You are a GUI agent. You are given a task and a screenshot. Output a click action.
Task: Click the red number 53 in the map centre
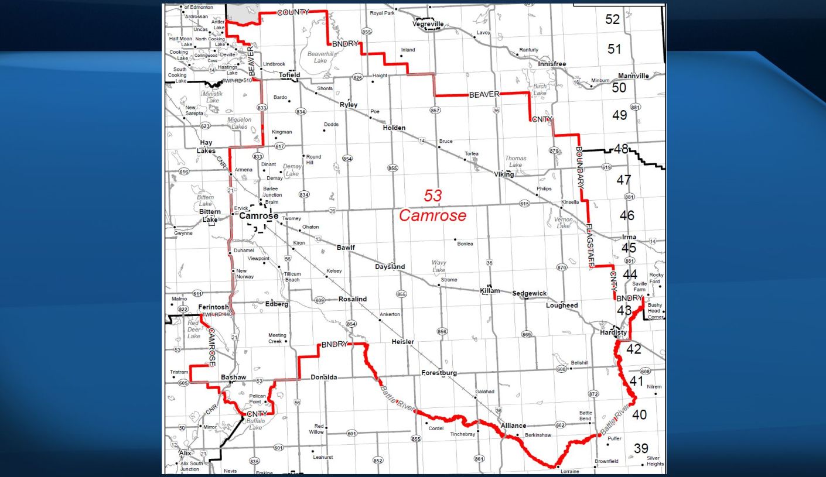tap(433, 195)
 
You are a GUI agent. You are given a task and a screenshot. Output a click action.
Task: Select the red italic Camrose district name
tap(433, 215)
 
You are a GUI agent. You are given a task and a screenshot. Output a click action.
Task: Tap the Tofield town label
tap(289, 75)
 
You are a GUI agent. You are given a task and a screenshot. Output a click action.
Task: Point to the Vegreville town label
tap(428, 24)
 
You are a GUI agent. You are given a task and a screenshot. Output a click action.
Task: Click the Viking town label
tap(504, 174)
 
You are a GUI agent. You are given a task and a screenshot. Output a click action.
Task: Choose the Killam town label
tap(490, 290)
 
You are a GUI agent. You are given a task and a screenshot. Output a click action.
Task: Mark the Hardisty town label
tap(613, 332)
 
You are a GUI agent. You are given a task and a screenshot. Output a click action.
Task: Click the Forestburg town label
tap(439, 373)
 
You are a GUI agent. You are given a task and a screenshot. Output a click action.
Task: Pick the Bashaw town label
tap(233, 378)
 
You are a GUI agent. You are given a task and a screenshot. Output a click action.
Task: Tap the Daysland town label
tap(390, 267)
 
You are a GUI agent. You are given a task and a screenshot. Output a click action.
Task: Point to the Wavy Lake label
tap(439, 266)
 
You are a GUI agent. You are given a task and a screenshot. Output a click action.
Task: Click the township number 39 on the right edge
tap(641, 448)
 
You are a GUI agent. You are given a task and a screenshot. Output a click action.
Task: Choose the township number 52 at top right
tap(612, 19)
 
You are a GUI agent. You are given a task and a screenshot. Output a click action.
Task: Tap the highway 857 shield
tap(435, 110)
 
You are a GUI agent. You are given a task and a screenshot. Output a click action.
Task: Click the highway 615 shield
tap(524, 204)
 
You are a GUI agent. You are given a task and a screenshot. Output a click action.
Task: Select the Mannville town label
tap(633, 76)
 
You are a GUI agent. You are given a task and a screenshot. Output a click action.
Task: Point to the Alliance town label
tap(513, 425)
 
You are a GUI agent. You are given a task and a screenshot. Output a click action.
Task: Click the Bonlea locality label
tap(465, 243)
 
